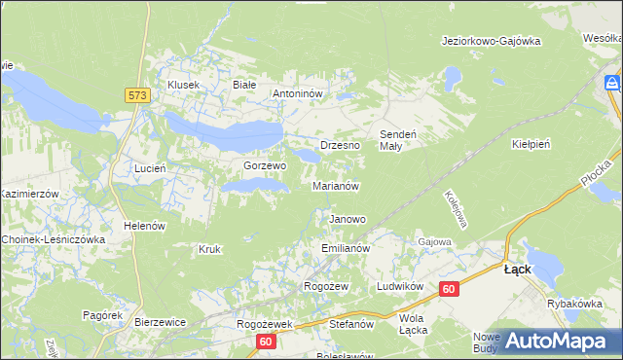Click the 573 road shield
coord(135,94)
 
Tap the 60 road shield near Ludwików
coord(448,289)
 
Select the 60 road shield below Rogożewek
coord(267,342)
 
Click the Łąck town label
coord(517,270)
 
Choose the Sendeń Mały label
coord(397,139)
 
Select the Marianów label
coord(337,186)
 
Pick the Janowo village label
coord(348,220)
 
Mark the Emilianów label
coord(346,249)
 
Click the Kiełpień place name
coord(531,143)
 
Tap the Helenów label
coord(141,226)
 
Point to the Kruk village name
coord(209,249)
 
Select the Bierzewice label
coord(160,321)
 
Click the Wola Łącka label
coord(414,324)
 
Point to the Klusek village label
coord(183,85)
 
